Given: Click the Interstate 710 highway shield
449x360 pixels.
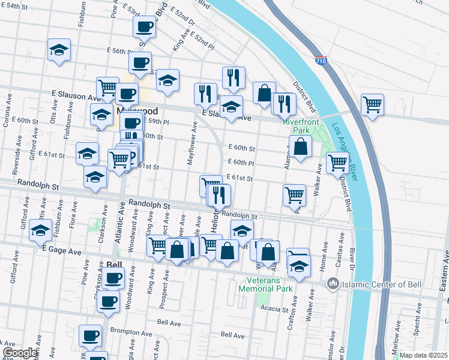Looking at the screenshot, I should (321, 61).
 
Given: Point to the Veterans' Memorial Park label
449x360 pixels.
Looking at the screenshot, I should (270, 284).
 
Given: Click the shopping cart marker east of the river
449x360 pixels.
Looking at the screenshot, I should (372, 104).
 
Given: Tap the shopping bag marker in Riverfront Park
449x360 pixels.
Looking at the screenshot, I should (301, 146).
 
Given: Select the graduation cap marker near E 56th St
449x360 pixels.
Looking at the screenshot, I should (59, 49).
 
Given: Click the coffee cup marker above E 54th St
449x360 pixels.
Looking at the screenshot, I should (144, 26).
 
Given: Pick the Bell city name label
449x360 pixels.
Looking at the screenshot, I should (114, 264).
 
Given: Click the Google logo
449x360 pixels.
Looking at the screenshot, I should (20, 353).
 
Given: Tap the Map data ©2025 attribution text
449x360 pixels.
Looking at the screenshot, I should (424, 355).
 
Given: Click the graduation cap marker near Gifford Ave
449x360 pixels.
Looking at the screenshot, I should (41, 230).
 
